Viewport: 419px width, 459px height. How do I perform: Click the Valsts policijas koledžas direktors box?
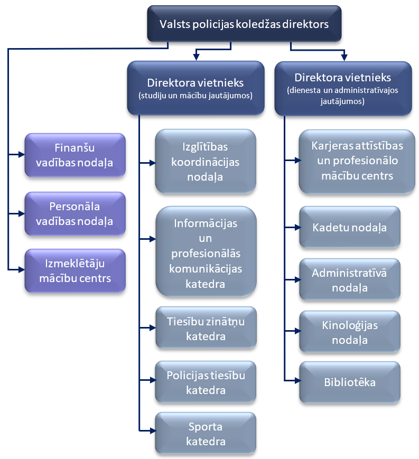pyautogui.click(x=244, y=24)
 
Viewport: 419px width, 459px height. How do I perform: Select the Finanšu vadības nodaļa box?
pyautogui.click(x=75, y=155)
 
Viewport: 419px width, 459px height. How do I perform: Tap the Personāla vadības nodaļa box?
pyautogui.click(x=75, y=213)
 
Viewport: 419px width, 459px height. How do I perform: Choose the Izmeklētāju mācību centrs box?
pyautogui.click(x=75, y=270)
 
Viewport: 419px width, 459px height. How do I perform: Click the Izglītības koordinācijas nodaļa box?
pyautogui.click(x=206, y=161)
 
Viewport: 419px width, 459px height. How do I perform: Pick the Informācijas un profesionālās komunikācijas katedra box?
pyautogui.click(x=206, y=254)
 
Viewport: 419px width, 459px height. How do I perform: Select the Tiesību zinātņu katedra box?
pyautogui.click(x=206, y=327)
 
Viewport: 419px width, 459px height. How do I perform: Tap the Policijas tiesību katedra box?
pyautogui.click(x=206, y=382)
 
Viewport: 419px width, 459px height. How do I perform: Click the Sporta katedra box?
pyautogui.click(x=206, y=434)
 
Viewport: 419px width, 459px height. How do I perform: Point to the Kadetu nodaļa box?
pyautogui.click(x=349, y=228)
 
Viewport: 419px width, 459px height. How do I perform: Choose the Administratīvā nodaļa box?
pyautogui.click(x=349, y=280)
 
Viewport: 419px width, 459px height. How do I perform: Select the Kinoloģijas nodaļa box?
pyautogui.click(x=349, y=332)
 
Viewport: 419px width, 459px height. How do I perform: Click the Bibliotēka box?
pyautogui.click(x=349, y=381)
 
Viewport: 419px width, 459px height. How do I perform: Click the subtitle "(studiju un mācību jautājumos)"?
pyautogui.click(x=195, y=96)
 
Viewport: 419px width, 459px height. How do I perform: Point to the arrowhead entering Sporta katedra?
pyautogui.click(x=152, y=432)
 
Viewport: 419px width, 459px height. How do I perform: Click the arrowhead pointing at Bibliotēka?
pyautogui.click(x=296, y=380)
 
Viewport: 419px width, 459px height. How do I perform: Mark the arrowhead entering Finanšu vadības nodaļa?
pyautogui.click(x=21, y=154)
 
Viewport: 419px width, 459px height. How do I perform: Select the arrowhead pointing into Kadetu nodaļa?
pyautogui.click(x=296, y=228)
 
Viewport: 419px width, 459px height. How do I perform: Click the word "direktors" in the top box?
pyautogui.click(x=308, y=24)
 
